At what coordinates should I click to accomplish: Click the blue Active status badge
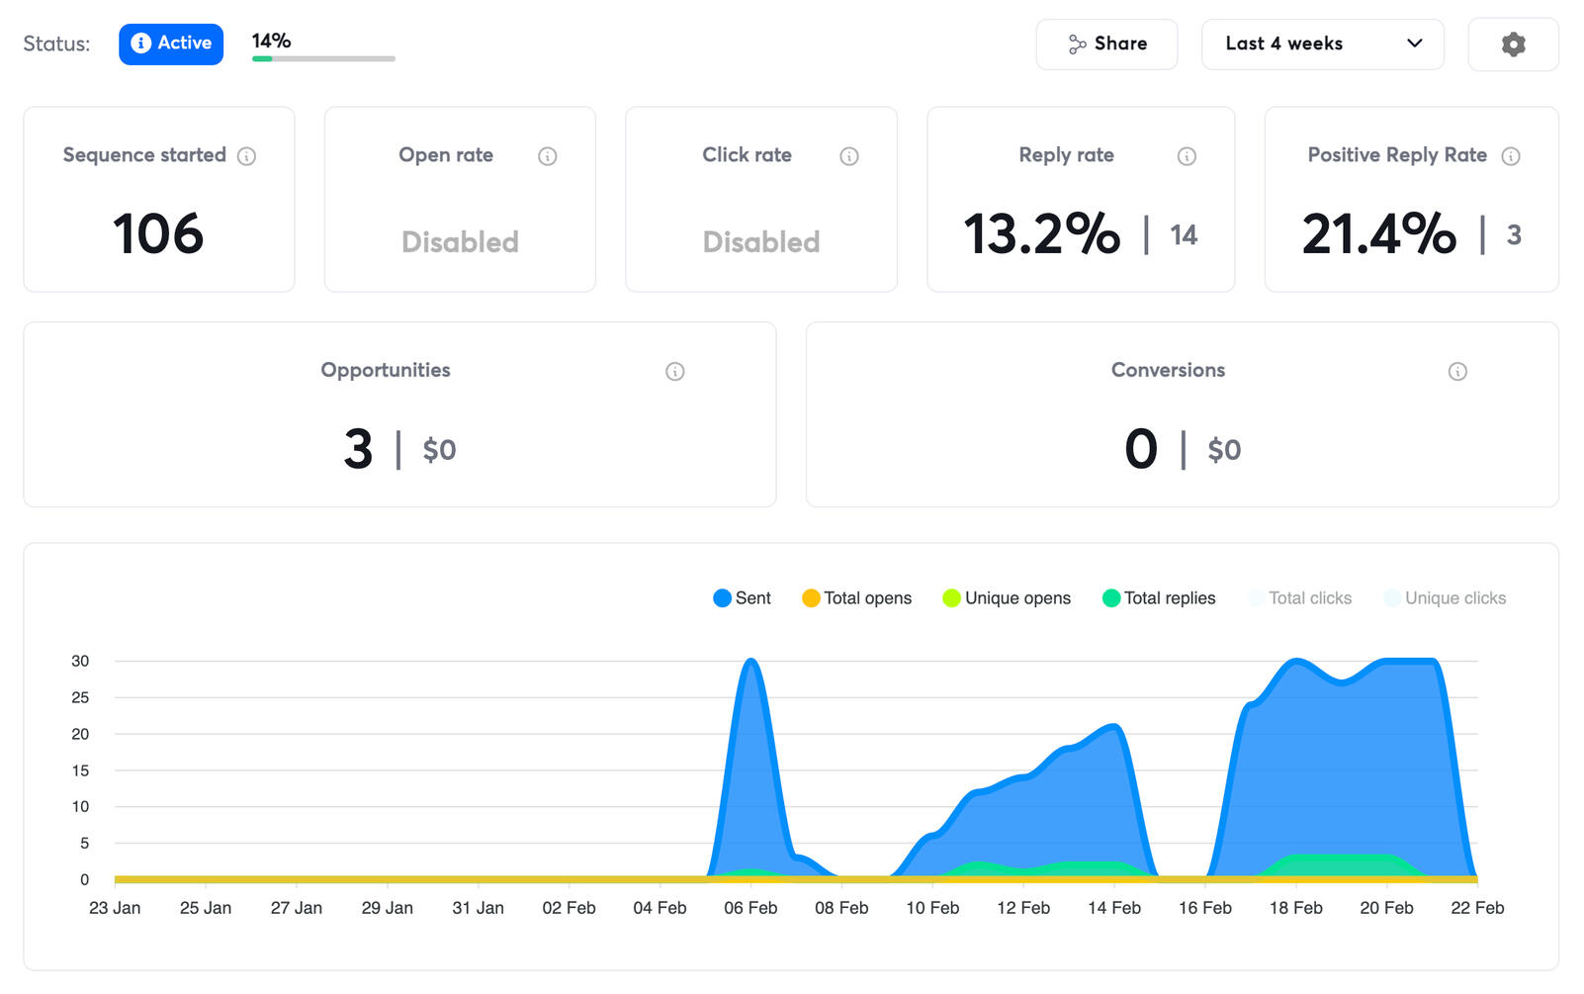pos(171,44)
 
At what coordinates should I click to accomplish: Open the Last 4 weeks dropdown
pos(1322,44)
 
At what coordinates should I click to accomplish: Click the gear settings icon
pos(1513,45)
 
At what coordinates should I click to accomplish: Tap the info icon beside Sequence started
pos(247,156)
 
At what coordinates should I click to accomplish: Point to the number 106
pos(158,234)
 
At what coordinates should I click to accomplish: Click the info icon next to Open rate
pos(547,156)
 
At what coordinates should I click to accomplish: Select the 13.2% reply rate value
pos(1042,234)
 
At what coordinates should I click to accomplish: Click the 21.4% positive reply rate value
pos(1379,234)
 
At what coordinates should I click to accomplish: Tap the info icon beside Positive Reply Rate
pos(1511,156)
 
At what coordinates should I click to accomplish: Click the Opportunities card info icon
pos(675,372)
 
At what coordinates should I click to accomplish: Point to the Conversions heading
pos(1168,370)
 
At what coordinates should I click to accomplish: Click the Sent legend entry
pos(743,598)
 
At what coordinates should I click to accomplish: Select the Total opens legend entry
pos(857,598)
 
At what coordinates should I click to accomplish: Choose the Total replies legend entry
pos(1159,598)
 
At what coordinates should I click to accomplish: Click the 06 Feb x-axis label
pos(750,908)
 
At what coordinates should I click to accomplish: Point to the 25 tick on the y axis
pos(80,697)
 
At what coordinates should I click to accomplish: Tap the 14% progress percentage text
pos(271,41)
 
